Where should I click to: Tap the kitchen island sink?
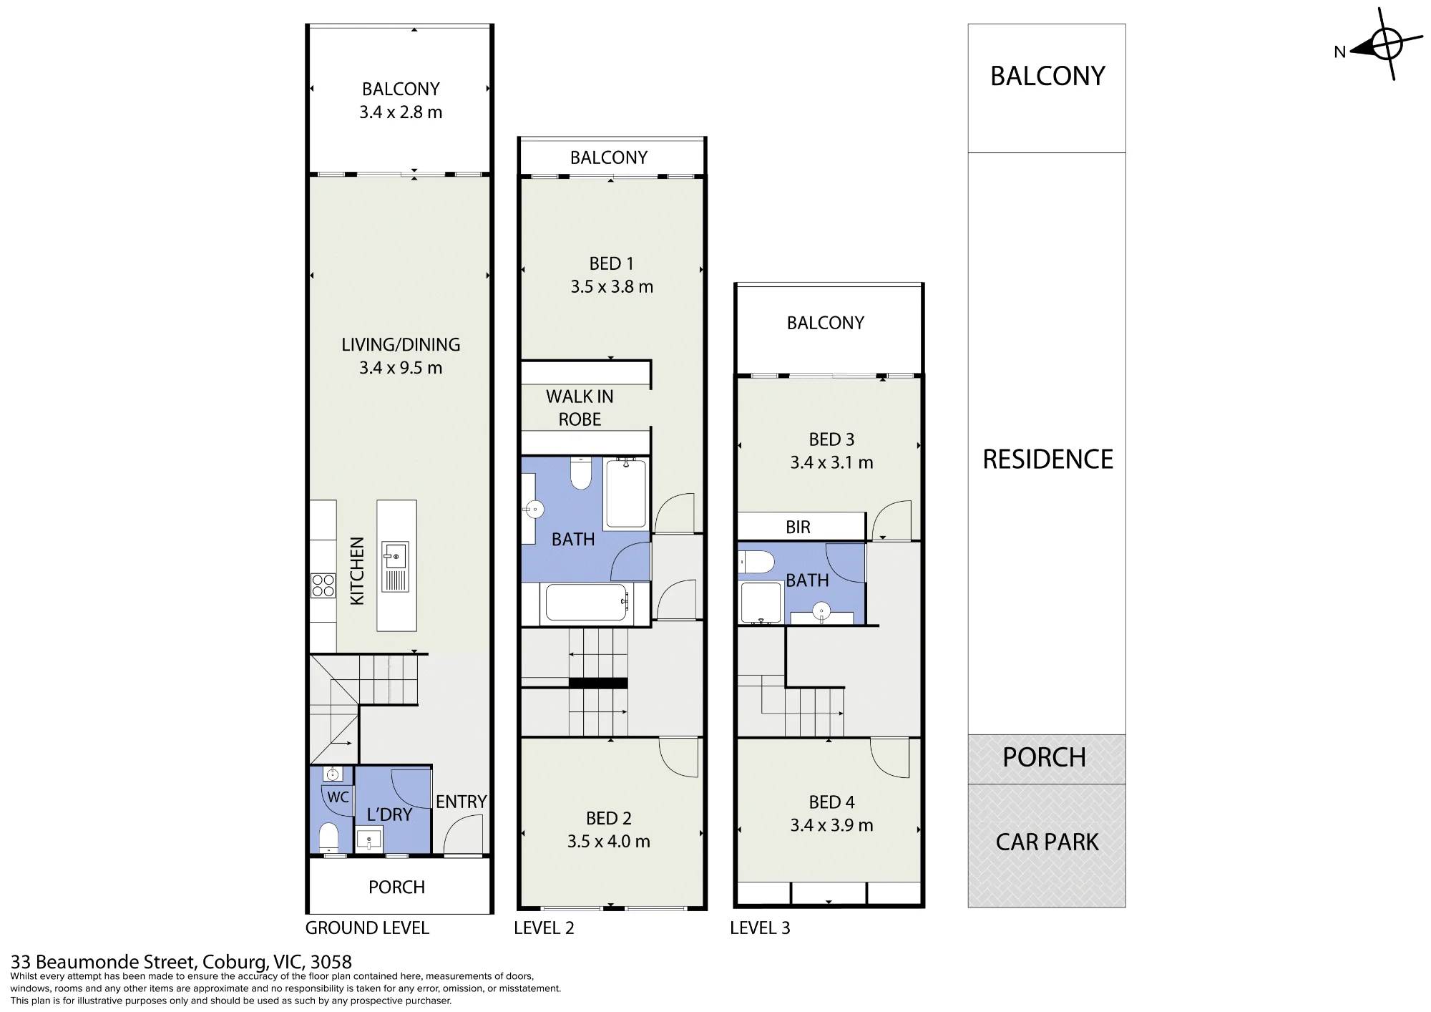tap(395, 556)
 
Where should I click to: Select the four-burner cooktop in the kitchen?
tap(323, 585)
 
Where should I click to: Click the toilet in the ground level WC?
tap(328, 837)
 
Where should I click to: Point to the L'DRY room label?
tap(389, 814)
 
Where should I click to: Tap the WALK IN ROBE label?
tap(580, 408)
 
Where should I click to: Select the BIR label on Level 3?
tap(798, 527)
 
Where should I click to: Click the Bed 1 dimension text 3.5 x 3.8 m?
tap(612, 287)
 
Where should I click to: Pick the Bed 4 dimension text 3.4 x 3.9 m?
tap(831, 825)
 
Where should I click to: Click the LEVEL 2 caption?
tap(544, 928)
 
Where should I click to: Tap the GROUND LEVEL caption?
tap(367, 928)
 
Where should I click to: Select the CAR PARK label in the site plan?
tap(1047, 842)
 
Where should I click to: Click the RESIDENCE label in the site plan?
tap(1047, 459)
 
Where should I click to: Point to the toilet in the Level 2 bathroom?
tap(580, 473)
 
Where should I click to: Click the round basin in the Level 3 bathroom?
tap(821, 611)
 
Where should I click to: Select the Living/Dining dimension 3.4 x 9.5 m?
tap(401, 368)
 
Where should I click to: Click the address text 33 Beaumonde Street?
tap(103, 962)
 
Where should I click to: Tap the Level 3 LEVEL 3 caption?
tap(760, 928)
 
